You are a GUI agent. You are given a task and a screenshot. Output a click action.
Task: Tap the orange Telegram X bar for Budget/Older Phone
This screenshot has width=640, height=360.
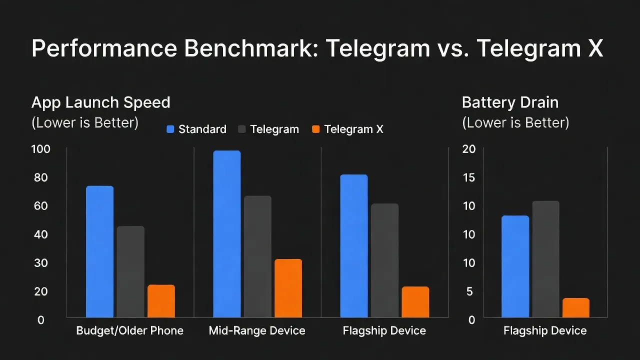coord(161,301)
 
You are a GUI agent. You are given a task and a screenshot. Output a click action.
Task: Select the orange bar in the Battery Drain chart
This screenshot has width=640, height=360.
coord(576,307)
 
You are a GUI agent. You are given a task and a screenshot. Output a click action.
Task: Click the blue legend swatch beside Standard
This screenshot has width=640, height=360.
coord(170,129)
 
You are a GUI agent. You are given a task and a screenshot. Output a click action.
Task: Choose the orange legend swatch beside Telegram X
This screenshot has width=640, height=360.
coord(315,129)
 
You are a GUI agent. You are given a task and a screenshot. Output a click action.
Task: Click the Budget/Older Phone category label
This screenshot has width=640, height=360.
coord(129,330)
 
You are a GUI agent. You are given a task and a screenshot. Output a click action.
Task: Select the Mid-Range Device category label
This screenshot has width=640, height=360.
coord(257,330)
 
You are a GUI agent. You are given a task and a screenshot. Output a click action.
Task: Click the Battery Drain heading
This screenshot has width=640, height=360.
coord(510,102)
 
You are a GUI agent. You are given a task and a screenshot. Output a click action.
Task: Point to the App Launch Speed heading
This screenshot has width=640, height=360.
coord(100,102)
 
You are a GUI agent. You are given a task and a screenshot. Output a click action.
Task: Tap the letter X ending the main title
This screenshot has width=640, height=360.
coord(595,48)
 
